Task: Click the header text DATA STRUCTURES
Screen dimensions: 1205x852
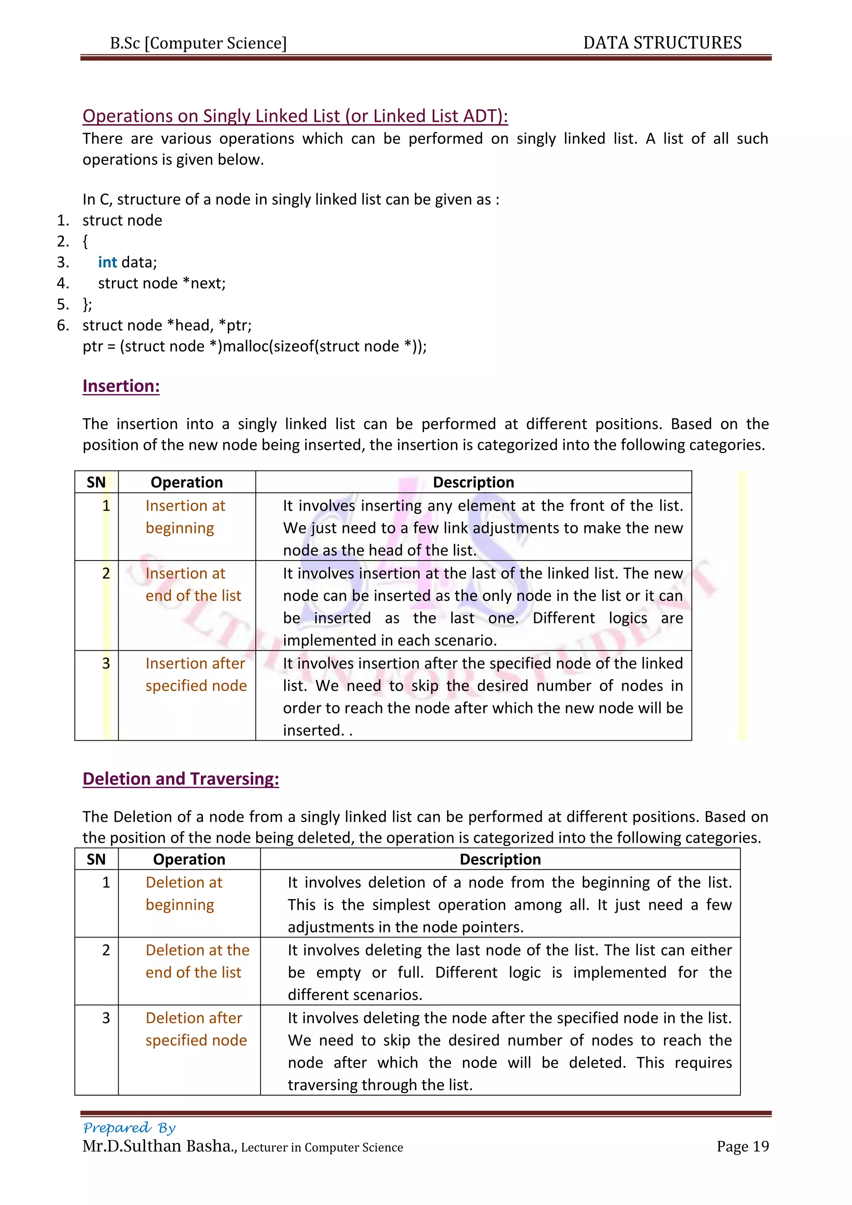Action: [x=662, y=43]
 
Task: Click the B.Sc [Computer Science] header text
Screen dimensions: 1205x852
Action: [x=198, y=43]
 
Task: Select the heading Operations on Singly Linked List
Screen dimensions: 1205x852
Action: [x=295, y=116]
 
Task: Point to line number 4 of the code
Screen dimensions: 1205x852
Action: [x=62, y=283]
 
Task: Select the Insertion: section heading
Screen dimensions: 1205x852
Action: [x=121, y=386]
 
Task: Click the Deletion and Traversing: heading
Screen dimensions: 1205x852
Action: [x=181, y=779]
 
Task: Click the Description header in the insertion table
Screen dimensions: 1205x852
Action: [x=473, y=482]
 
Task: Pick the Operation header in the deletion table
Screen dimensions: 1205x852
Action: [x=189, y=859]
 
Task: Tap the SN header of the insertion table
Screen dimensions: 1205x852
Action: [x=96, y=482]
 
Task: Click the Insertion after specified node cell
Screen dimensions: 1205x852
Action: [x=196, y=674]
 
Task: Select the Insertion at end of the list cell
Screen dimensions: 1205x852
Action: [x=193, y=585]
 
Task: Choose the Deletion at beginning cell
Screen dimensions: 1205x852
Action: [x=183, y=893]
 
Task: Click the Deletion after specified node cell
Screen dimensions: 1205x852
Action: [x=196, y=1029]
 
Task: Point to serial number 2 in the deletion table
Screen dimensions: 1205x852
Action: [x=106, y=950]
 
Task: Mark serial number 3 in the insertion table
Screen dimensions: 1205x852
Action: [x=106, y=663]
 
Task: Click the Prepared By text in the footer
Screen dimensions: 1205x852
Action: [x=129, y=1128]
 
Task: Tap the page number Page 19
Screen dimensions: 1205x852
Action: [x=742, y=1147]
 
